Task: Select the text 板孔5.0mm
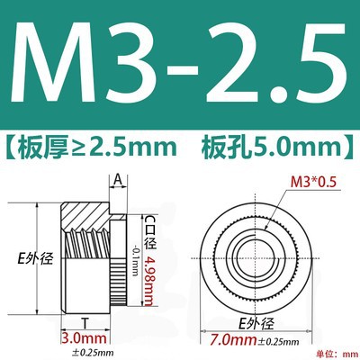pos(272,147)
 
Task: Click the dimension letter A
pos(118,180)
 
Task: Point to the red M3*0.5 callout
pos(313,182)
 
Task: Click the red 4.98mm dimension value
pos(148,281)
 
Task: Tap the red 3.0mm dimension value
pos(84,338)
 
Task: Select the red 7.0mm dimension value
pos(233,340)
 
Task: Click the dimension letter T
pos(85,324)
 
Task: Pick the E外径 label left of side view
pos(35,258)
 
